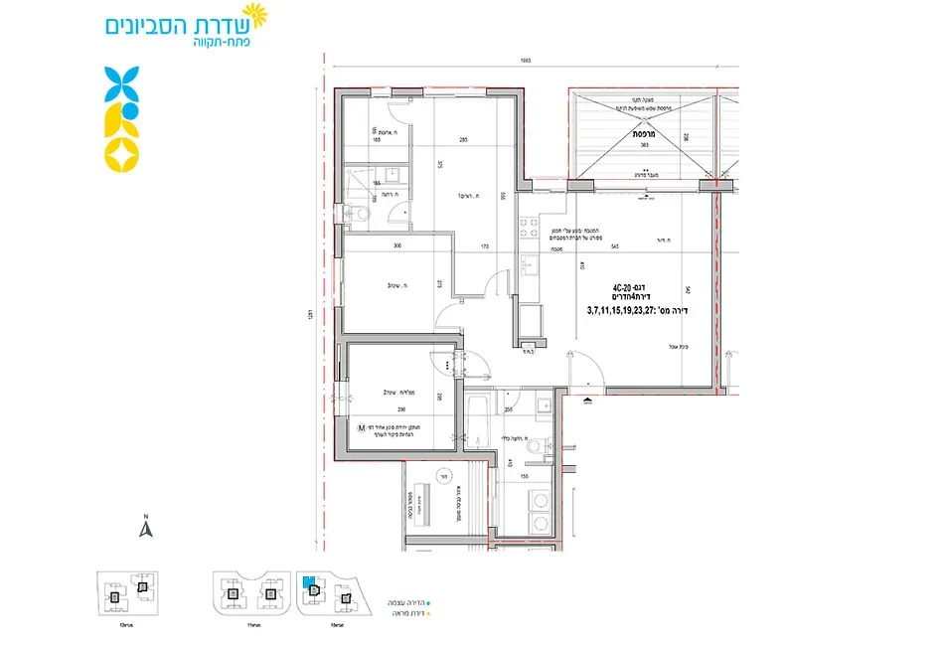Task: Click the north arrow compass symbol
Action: tap(144, 528)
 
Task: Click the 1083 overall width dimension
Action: tap(526, 61)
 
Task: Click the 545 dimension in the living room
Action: tap(616, 244)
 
